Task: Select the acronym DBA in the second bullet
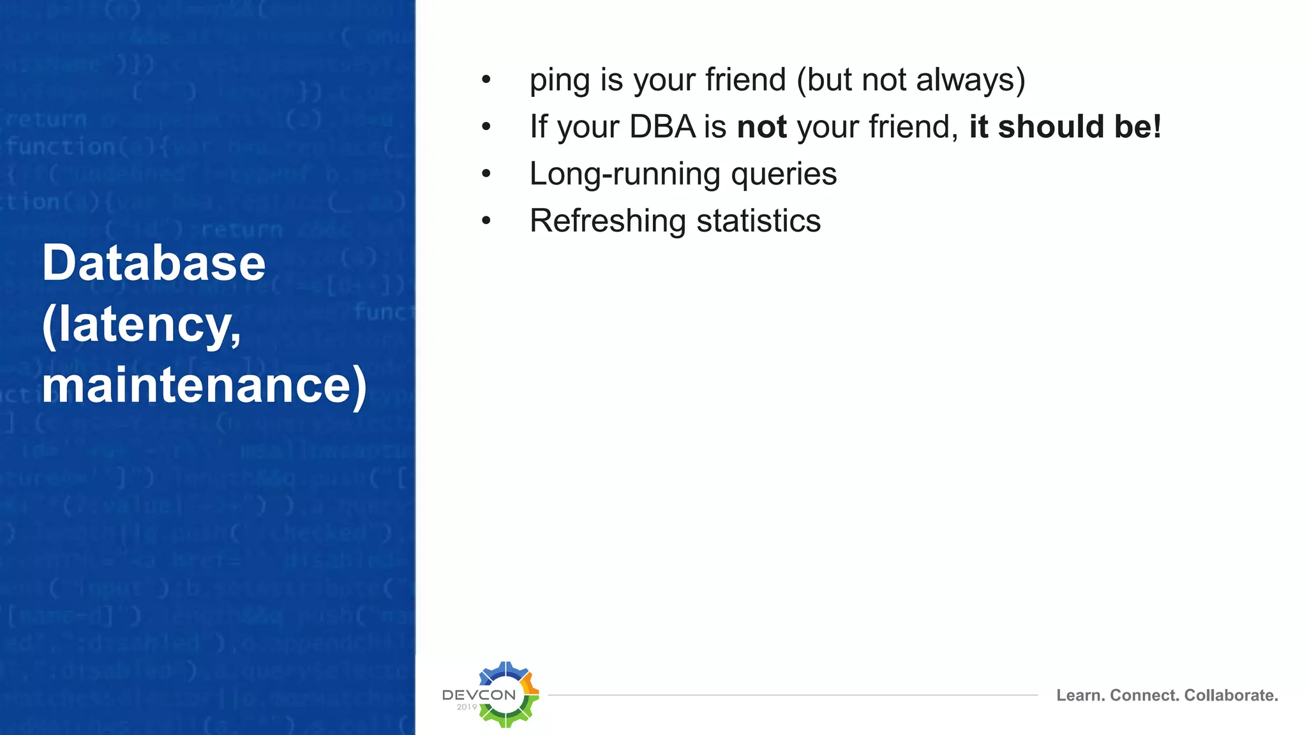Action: [x=662, y=126]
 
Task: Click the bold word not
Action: [x=761, y=126]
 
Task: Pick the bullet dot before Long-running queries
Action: [x=486, y=174]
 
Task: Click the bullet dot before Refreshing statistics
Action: [x=486, y=221]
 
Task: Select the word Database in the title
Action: [x=154, y=263]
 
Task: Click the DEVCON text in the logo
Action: [x=479, y=695]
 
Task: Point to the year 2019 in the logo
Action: [x=467, y=707]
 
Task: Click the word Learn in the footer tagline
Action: [x=1079, y=695]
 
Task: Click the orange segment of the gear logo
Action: [x=530, y=687]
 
